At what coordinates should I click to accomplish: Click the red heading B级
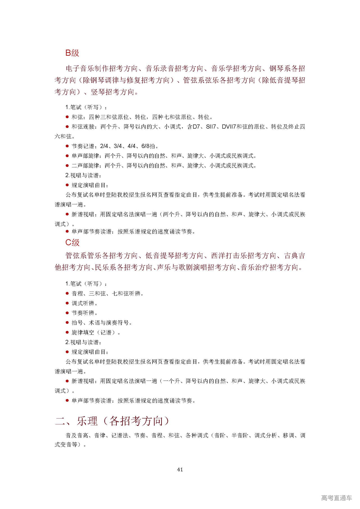coord(72,53)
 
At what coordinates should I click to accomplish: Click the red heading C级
coord(72,242)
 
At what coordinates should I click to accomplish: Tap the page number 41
coord(180,469)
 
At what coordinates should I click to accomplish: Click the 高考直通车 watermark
coord(336,498)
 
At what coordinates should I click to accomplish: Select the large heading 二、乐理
coord(76,421)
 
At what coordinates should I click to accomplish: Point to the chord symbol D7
coord(196,127)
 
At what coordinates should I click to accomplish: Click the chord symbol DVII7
coord(229,127)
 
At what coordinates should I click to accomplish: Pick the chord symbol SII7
coord(211,127)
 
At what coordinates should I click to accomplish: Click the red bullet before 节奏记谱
coord(67,146)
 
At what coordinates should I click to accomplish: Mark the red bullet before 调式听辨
coord(67,303)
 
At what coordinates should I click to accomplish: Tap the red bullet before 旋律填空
coord(67,332)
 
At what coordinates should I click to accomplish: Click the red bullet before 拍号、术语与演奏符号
coord(67,322)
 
